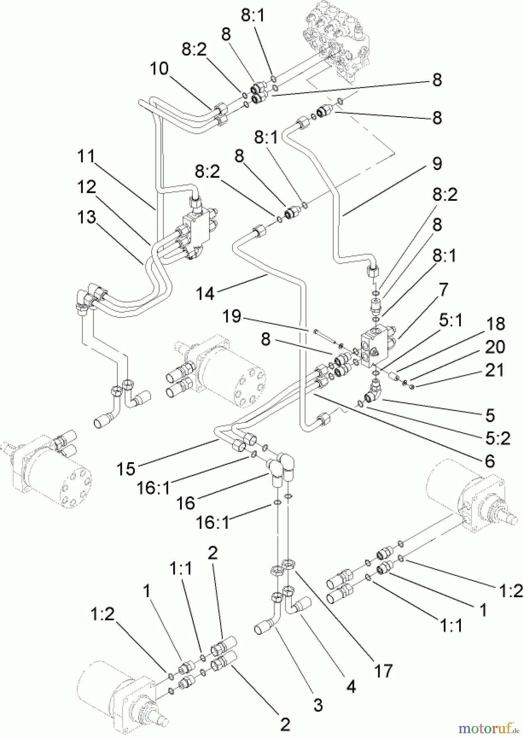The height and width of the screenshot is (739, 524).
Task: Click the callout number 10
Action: (x=159, y=69)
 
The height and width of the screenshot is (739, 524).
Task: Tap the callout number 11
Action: (x=86, y=156)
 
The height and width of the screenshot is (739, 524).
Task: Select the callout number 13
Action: (x=86, y=217)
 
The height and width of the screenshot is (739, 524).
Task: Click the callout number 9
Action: (x=437, y=163)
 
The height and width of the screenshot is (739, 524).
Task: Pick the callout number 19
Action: (x=232, y=317)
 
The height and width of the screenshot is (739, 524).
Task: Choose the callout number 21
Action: (x=494, y=370)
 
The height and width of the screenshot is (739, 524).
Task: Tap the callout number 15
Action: (x=126, y=468)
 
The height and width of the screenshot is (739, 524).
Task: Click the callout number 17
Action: (x=383, y=671)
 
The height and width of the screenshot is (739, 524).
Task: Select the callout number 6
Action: (x=490, y=461)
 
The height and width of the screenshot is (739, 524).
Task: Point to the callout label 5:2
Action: (x=497, y=438)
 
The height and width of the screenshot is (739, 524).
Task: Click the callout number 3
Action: (x=318, y=705)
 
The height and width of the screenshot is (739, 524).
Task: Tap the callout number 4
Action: (x=351, y=686)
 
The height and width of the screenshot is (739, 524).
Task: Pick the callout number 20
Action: (x=494, y=347)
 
